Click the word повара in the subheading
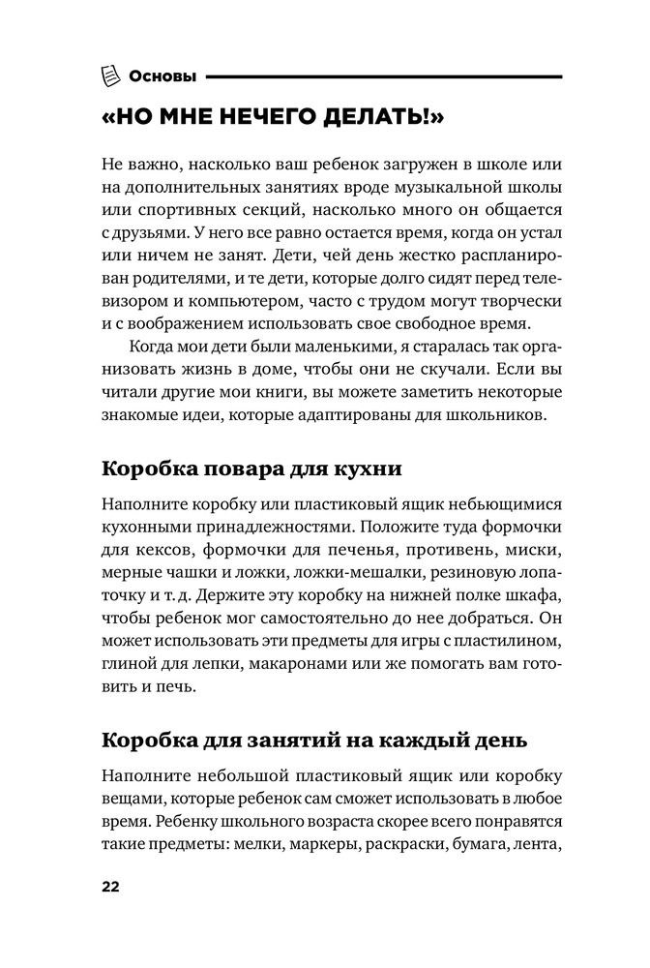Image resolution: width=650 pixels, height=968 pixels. tap(223, 469)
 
